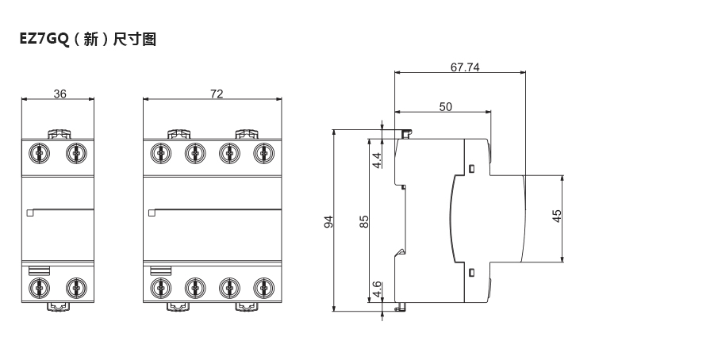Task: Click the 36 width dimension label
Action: pos(59,94)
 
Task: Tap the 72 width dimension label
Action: pos(217,94)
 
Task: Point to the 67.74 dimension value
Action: pos(465,67)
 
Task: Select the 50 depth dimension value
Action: pos(445,106)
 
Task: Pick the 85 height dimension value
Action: pos(365,221)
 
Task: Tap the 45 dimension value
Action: pos(557,216)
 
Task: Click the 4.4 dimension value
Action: pos(378,159)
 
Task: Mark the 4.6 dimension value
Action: pos(378,287)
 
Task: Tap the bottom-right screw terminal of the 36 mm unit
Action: pos(75,286)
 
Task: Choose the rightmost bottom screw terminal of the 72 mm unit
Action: pos(263,286)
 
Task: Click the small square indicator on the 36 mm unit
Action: pos(30,212)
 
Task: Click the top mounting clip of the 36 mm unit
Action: pos(58,135)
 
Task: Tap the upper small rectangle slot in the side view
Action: pos(470,169)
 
